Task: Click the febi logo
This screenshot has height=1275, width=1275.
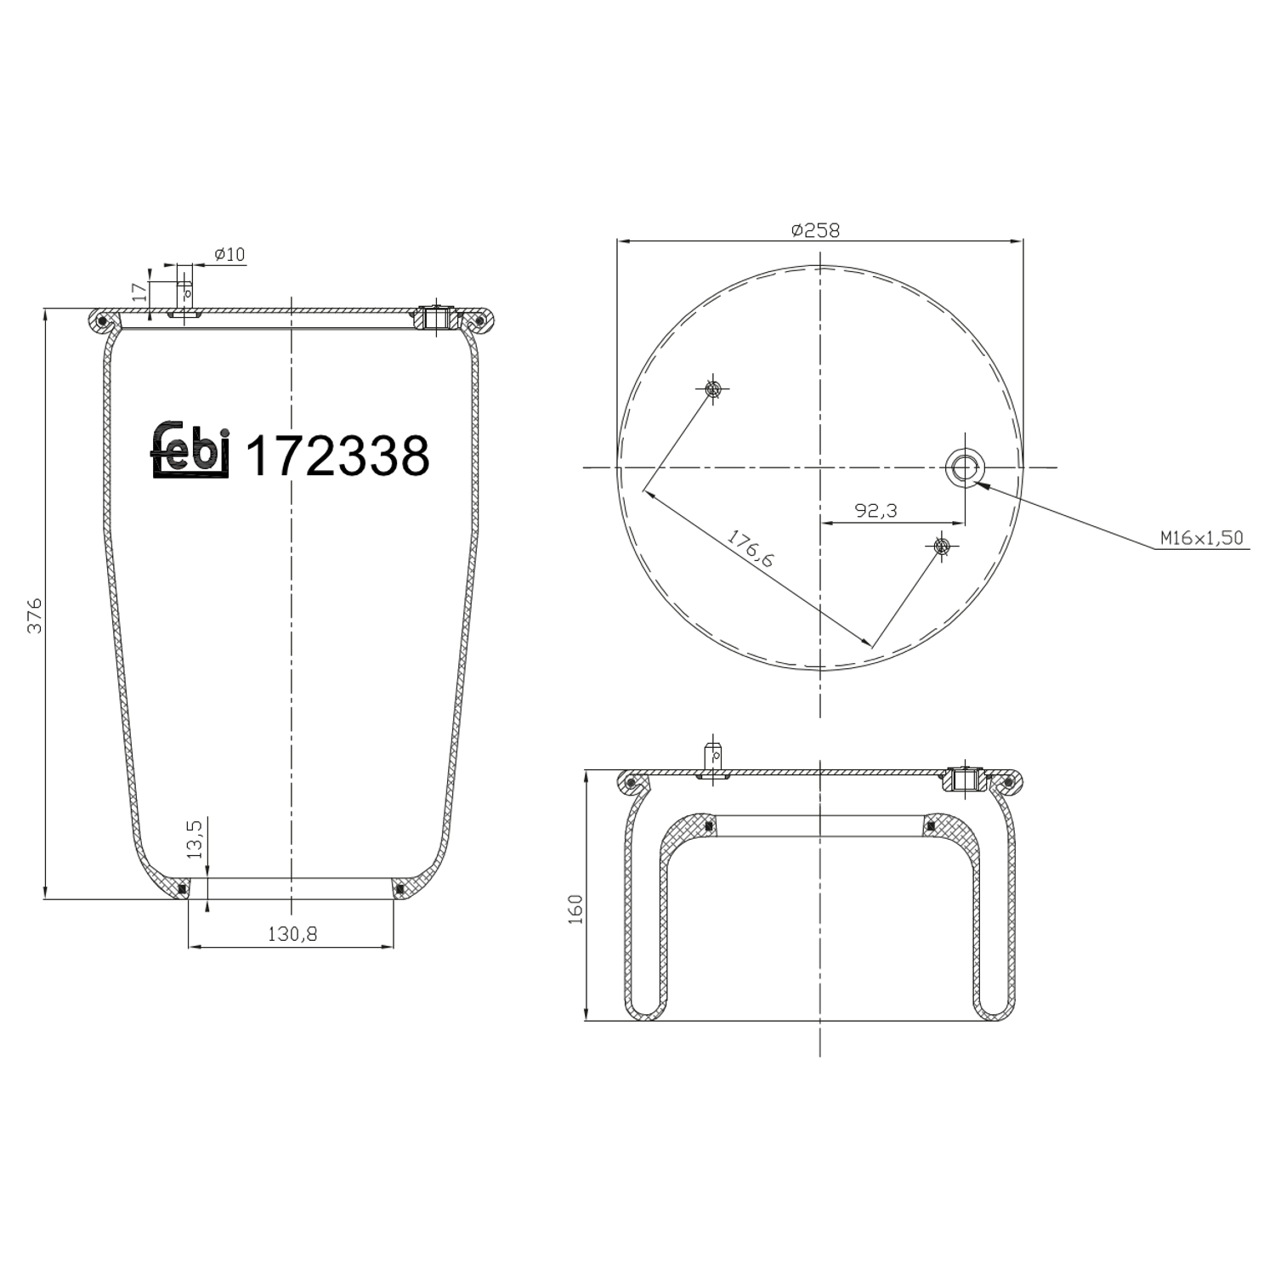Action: (x=190, y=450)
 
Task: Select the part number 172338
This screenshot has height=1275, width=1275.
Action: (x=337, y=456)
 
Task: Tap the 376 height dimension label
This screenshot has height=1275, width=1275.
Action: (x=35, y=615)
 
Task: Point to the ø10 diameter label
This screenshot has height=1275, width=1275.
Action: (x=229, y=254)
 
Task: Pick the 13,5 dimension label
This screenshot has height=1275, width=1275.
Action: (x=195, y=840)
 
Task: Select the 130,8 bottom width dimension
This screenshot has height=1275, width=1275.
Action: (x=292, y=934)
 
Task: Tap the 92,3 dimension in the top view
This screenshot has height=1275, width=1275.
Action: (x=875, y=511)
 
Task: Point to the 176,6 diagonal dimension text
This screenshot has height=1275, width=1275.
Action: (x=751, y=548)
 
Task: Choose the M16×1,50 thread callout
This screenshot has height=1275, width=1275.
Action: (x=1201, y=538)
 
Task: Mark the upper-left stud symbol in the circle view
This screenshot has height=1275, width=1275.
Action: (x=712, y=389)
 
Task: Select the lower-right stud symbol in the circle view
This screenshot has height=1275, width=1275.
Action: (x=941, y=545)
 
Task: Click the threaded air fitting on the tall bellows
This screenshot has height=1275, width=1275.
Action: (x=437, y=319)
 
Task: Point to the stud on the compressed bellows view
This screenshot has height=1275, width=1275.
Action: (x=713, y=760)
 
